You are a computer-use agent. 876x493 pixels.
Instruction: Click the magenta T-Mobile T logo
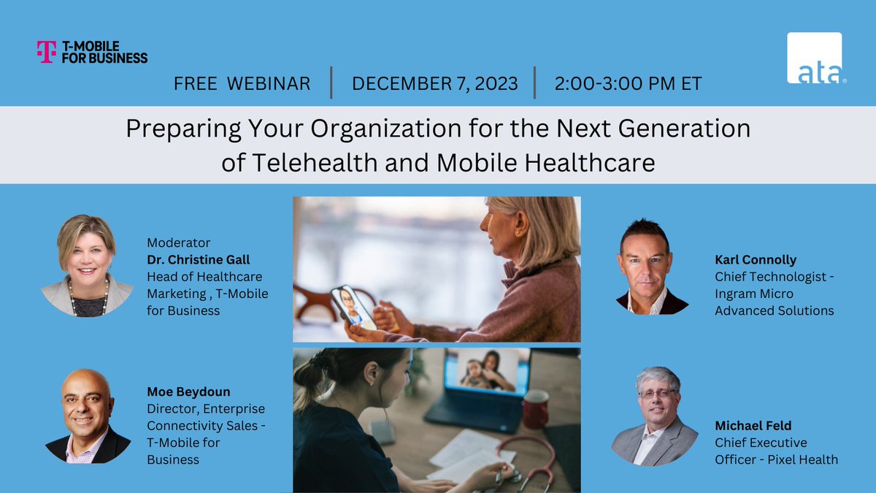[x=46, y=51]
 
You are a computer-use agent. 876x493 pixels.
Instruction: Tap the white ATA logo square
[x=814, y=58]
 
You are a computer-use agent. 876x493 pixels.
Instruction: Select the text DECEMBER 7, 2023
[x=435, y=83]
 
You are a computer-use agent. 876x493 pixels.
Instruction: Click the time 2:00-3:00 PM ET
[x=628, y=83]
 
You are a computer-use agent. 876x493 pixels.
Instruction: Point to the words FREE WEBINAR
[x=242, y=83]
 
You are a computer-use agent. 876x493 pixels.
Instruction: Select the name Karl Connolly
[x=756, y=259]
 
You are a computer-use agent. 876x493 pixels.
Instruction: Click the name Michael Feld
[x=753, y=425]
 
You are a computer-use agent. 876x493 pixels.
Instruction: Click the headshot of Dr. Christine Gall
[x=87, y=266]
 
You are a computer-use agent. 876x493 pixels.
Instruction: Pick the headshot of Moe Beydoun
[x=87, y=416]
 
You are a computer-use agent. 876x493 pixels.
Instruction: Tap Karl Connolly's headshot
[x=644, y=266]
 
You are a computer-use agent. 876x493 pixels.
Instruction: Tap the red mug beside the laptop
[x=535, y=408]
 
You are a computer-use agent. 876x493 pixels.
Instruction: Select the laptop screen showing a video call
[x=483, y=372]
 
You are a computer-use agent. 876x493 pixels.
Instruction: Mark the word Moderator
[x=178, y=242]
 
